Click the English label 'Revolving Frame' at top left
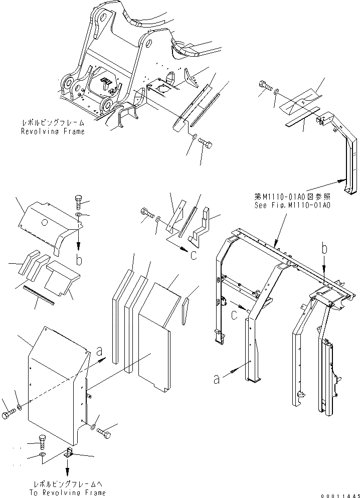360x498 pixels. tap(53, 131)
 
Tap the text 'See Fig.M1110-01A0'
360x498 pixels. tap(284, 205)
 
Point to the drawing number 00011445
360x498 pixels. tap(340, 494)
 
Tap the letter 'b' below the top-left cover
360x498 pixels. tap(79, 260)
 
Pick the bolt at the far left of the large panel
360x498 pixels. tap(9, 416)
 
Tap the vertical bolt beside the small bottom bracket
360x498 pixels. tap(43, 443)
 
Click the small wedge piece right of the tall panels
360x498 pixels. tap(187, 306)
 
